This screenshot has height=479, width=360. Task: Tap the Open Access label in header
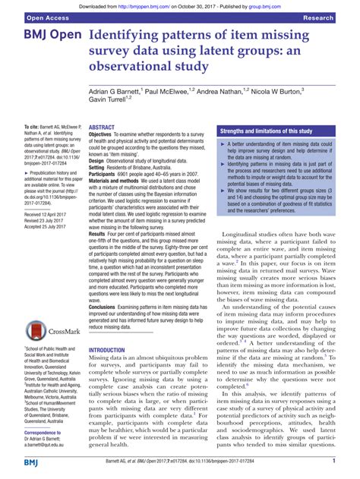[x=30, y=16]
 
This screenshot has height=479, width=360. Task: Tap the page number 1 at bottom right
[x=334, y=462]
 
